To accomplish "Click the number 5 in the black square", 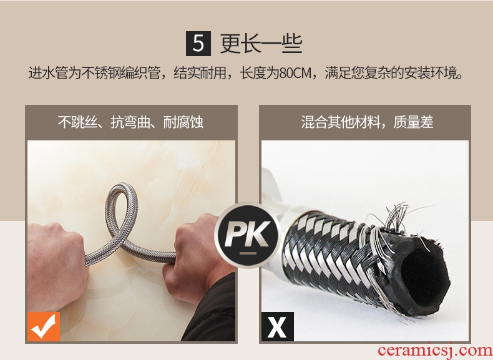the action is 198,44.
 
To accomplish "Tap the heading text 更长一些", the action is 261,44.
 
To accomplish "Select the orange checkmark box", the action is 44,327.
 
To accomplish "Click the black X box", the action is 278,327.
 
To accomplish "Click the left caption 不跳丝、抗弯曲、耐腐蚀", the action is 130,122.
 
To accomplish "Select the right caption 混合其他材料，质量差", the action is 367,122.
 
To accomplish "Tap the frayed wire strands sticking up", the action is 397,217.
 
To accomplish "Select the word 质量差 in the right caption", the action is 413,122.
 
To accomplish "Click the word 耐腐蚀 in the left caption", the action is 183,122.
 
